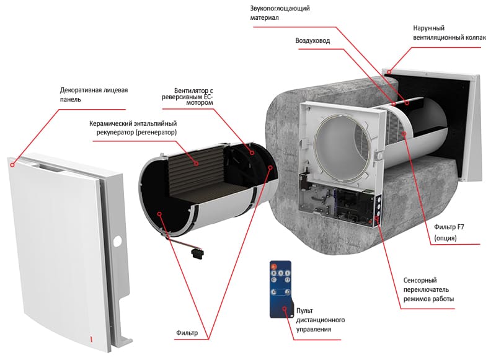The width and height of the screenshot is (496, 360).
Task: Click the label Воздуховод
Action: click(312, 40)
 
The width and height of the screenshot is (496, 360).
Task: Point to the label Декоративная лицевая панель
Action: click(94, 94)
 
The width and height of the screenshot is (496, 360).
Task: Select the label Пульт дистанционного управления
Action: click(320, 319)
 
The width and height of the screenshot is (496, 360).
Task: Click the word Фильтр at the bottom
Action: click(187, 333)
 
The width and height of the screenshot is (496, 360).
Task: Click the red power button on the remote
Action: click(273, 266)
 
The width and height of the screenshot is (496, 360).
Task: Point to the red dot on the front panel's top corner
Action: click(11, 165)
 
